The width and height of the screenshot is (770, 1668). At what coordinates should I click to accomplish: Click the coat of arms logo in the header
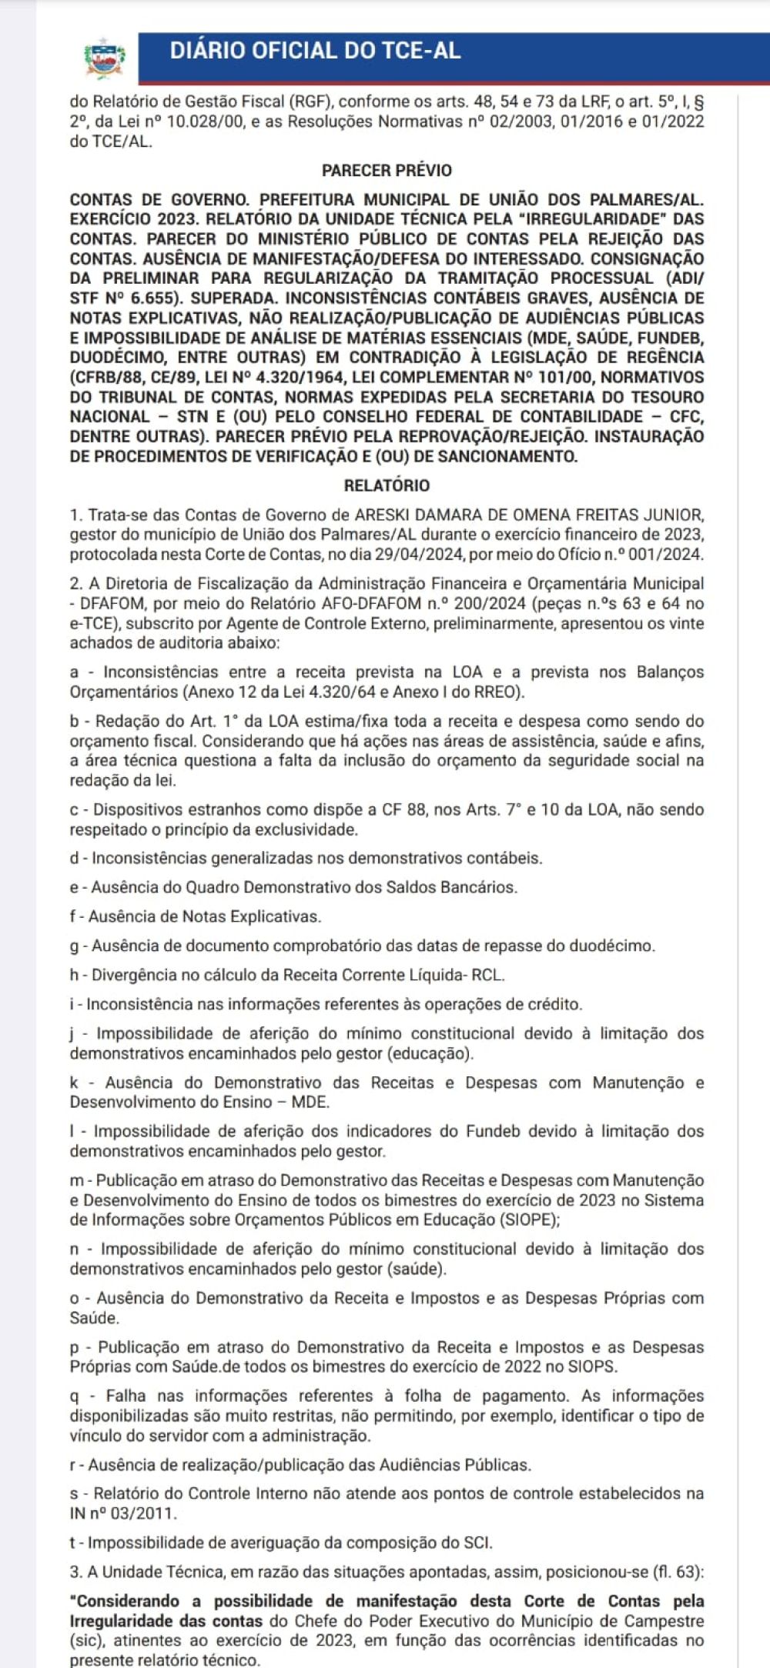(105, 58)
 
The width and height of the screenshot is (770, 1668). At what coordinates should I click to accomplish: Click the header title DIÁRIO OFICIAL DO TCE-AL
(315, 51)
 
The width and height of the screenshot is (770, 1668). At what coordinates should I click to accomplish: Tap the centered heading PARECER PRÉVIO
(387, 171)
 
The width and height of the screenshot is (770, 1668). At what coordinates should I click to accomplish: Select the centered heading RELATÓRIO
(387, 485)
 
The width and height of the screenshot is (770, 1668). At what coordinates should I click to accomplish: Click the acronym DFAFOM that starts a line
(109, 604)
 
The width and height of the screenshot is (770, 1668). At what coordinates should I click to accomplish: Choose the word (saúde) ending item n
(417, 1269)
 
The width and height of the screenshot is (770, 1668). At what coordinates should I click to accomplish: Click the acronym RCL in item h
(487, 975)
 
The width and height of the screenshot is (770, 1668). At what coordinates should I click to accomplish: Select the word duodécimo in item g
(613, 946)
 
